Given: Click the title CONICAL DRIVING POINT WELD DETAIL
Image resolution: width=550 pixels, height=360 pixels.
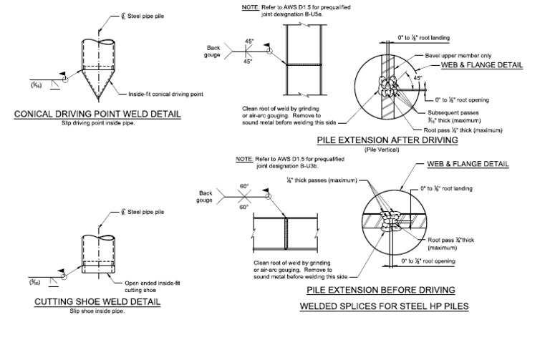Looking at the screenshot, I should (97, 114).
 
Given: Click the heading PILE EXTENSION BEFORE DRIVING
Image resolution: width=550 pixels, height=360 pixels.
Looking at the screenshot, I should (380, 290).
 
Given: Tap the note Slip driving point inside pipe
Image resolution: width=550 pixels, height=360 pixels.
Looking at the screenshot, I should (97, 122).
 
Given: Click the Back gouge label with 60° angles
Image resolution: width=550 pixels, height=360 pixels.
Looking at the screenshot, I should (206, 195).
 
